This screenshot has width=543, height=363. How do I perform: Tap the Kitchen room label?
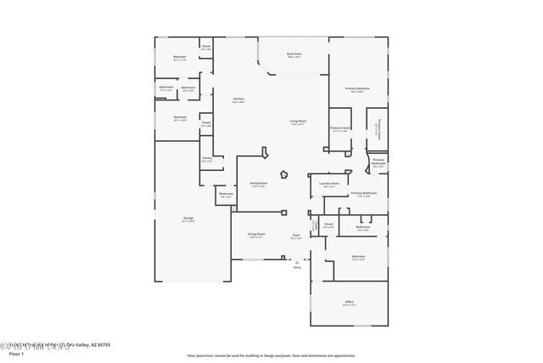coord(238,99)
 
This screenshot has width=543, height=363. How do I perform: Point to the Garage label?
coord(188,218)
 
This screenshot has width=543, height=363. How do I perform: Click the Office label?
coord(349,302)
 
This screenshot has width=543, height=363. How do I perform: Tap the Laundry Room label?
coord(329,184)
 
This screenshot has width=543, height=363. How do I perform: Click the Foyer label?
coord(297,235)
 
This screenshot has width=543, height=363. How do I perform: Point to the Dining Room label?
coord(259,183)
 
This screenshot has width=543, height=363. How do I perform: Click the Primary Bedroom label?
coord(357,88)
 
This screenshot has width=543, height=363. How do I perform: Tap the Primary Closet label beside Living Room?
coord(339,128)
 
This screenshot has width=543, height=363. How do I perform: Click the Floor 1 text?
coord(15,353)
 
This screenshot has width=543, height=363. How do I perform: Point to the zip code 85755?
coord(103,344)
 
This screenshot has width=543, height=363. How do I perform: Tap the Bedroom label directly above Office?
coord(358,256)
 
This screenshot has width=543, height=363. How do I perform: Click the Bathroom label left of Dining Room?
coord(226,194)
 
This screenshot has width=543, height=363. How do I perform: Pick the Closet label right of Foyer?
coord(329,225)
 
